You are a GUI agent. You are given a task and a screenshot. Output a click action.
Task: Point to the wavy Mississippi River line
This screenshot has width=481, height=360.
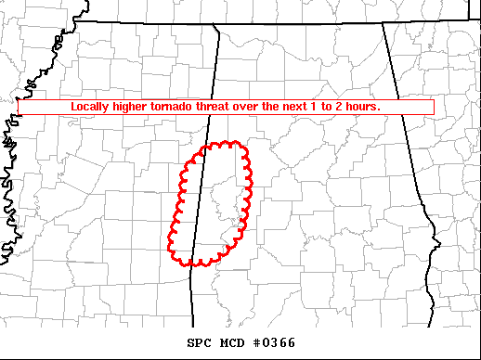(x=9, y=186)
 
